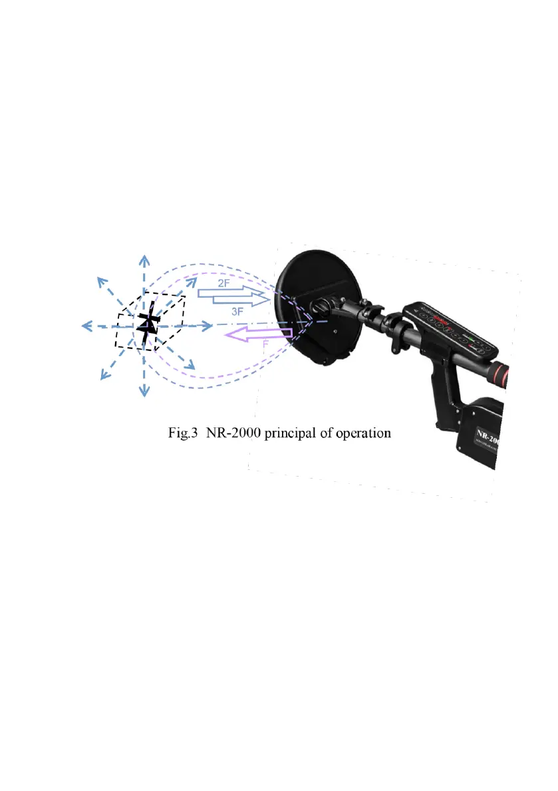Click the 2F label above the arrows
pos(224,282)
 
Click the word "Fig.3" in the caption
pos(182,433)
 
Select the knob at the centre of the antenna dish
pos(319,307)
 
